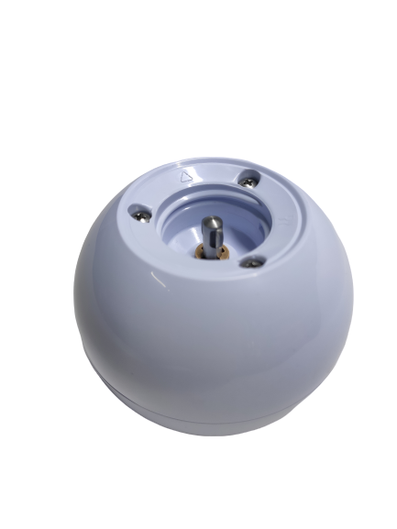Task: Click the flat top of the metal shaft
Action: pyautogui.click(x=212, y=221)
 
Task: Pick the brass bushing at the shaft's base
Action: pyautogui.click(x=213, y=251)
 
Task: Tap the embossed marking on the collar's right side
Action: pyautogui.click(x=287, y=220)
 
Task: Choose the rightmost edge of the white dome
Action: pyautogui.click(x=353, y=303)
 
